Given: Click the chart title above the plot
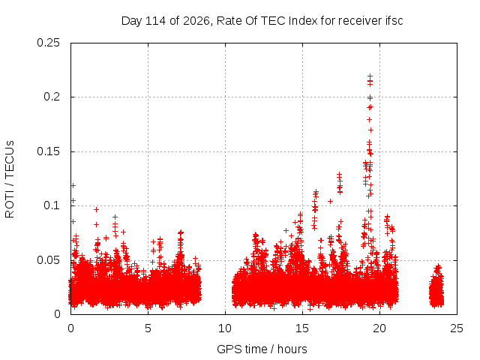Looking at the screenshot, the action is (262, 21).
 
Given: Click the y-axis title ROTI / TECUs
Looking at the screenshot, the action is (10, 179).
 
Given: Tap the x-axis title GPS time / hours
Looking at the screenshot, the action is (262, 349).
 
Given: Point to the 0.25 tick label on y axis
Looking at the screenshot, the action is (48, 43).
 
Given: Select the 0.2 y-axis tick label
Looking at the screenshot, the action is (52, 97).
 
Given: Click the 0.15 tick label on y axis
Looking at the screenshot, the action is (48, 151).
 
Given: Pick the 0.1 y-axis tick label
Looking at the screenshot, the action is (52, 205).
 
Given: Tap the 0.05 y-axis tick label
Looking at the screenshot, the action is (48, 260).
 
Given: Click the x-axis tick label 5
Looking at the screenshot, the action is (148, 328).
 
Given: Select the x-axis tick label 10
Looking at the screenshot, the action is (225, 328).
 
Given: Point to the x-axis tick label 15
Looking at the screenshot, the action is (302, 328).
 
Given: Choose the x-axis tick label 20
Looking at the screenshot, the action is (379, 328).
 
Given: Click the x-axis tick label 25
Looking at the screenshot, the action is (457, 328).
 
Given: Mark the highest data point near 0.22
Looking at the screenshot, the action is (370, 76).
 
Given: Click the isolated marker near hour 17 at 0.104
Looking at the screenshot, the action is (330, 201).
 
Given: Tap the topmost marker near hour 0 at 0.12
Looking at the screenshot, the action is (73, 185).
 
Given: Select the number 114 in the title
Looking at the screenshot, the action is (155, 21).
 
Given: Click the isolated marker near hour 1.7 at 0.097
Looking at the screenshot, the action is (97, 209).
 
